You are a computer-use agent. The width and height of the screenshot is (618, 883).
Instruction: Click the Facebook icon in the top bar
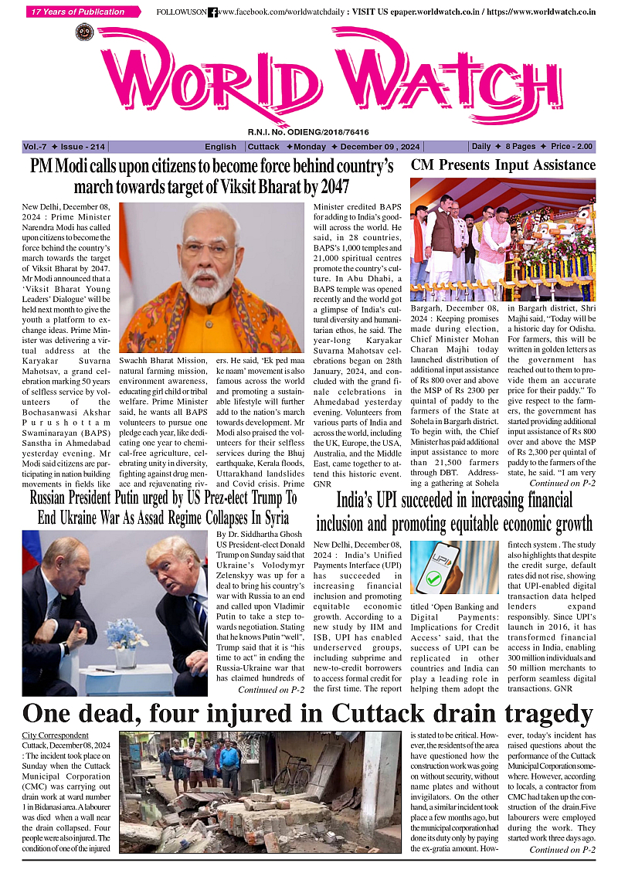(212, 12)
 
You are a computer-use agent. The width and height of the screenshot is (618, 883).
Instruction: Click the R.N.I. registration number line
(308, 132)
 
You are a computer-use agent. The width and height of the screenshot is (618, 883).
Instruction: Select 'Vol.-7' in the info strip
(35, 147)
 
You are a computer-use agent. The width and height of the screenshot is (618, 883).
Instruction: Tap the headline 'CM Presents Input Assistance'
(503, 165)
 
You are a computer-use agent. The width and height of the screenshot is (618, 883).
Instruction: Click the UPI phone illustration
(435, 567)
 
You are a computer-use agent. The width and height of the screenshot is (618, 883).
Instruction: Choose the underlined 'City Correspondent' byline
(55, 735)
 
